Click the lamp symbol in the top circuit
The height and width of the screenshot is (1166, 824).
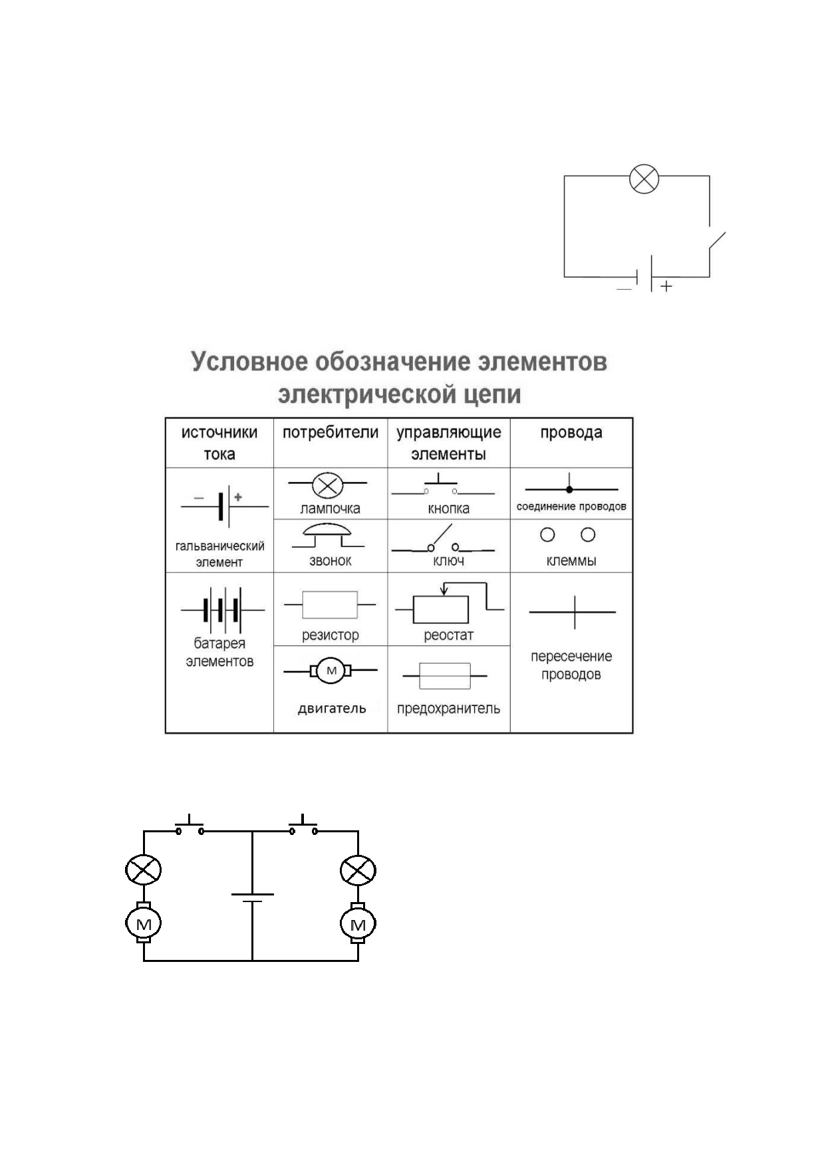pyautogui.click(x=644, y=179)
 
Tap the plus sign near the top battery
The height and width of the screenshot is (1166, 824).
pyautogui.click(x=666, y=286)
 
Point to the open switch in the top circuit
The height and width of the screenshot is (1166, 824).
pyautogui.click(x=717, y=243)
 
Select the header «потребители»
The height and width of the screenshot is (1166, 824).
pyautogui.click(x=331, y=432)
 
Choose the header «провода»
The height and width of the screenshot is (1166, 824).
pyautogui.click(x=571, y=432)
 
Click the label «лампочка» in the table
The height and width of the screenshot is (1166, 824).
pyautogui.click(x=330, y=509)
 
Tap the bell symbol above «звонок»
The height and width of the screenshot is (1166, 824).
pyautogui.click(x=326, y=535)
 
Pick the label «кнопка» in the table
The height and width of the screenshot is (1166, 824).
pyautogui.click(x=448, y=509)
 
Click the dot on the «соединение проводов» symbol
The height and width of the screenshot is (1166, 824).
pyautogui.click(x=569, y=489)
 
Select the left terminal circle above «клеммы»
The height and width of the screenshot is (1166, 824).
pyautogui.click(x=547, y=534)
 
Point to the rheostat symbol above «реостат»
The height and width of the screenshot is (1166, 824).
pyautogui.click(x=448, y=602)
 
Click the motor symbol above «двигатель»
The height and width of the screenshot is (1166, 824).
pyautogui.click(x=331, y=671)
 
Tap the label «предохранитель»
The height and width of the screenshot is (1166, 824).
pyautogui.click(x=448, y=709)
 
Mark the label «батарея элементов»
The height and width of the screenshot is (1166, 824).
pyautogui.click(x=219, y=652)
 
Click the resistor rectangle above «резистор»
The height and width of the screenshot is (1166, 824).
pyautogui.click(x=330, y=605)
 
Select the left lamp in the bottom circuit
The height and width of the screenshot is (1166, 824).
pyautogui.click(x=144, y=870)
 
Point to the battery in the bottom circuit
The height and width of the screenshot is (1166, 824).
pyautogui.click(x=252, y=898)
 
